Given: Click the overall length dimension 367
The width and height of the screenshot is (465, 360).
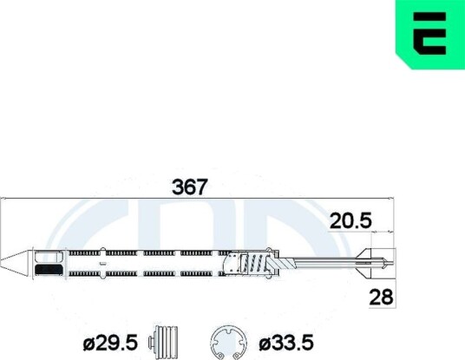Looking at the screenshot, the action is pyautogui.click(x=189, y=187).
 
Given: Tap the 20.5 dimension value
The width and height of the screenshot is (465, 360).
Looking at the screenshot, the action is pyautogui.click(x=350, y=221).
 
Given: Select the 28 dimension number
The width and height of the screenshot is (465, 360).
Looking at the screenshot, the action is pyautogui.click(x=382, y=298).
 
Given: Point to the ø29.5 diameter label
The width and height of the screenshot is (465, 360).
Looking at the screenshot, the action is pyautogui.click(x=110, y=343).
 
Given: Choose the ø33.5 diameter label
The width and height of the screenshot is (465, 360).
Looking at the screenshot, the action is pyautogui.click(x=286, y=343).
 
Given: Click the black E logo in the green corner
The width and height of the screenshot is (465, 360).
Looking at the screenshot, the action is pyautogui.click(x=429, y=33).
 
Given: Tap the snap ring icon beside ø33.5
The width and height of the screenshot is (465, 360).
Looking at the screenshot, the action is pyautogui.click(x=228, y=344).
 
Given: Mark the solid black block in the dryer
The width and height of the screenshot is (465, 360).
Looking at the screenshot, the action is pyautogui.click(x=49, y=270).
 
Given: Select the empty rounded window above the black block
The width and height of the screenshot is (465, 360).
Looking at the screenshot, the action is pyautogui.click(x=49, y=257).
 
